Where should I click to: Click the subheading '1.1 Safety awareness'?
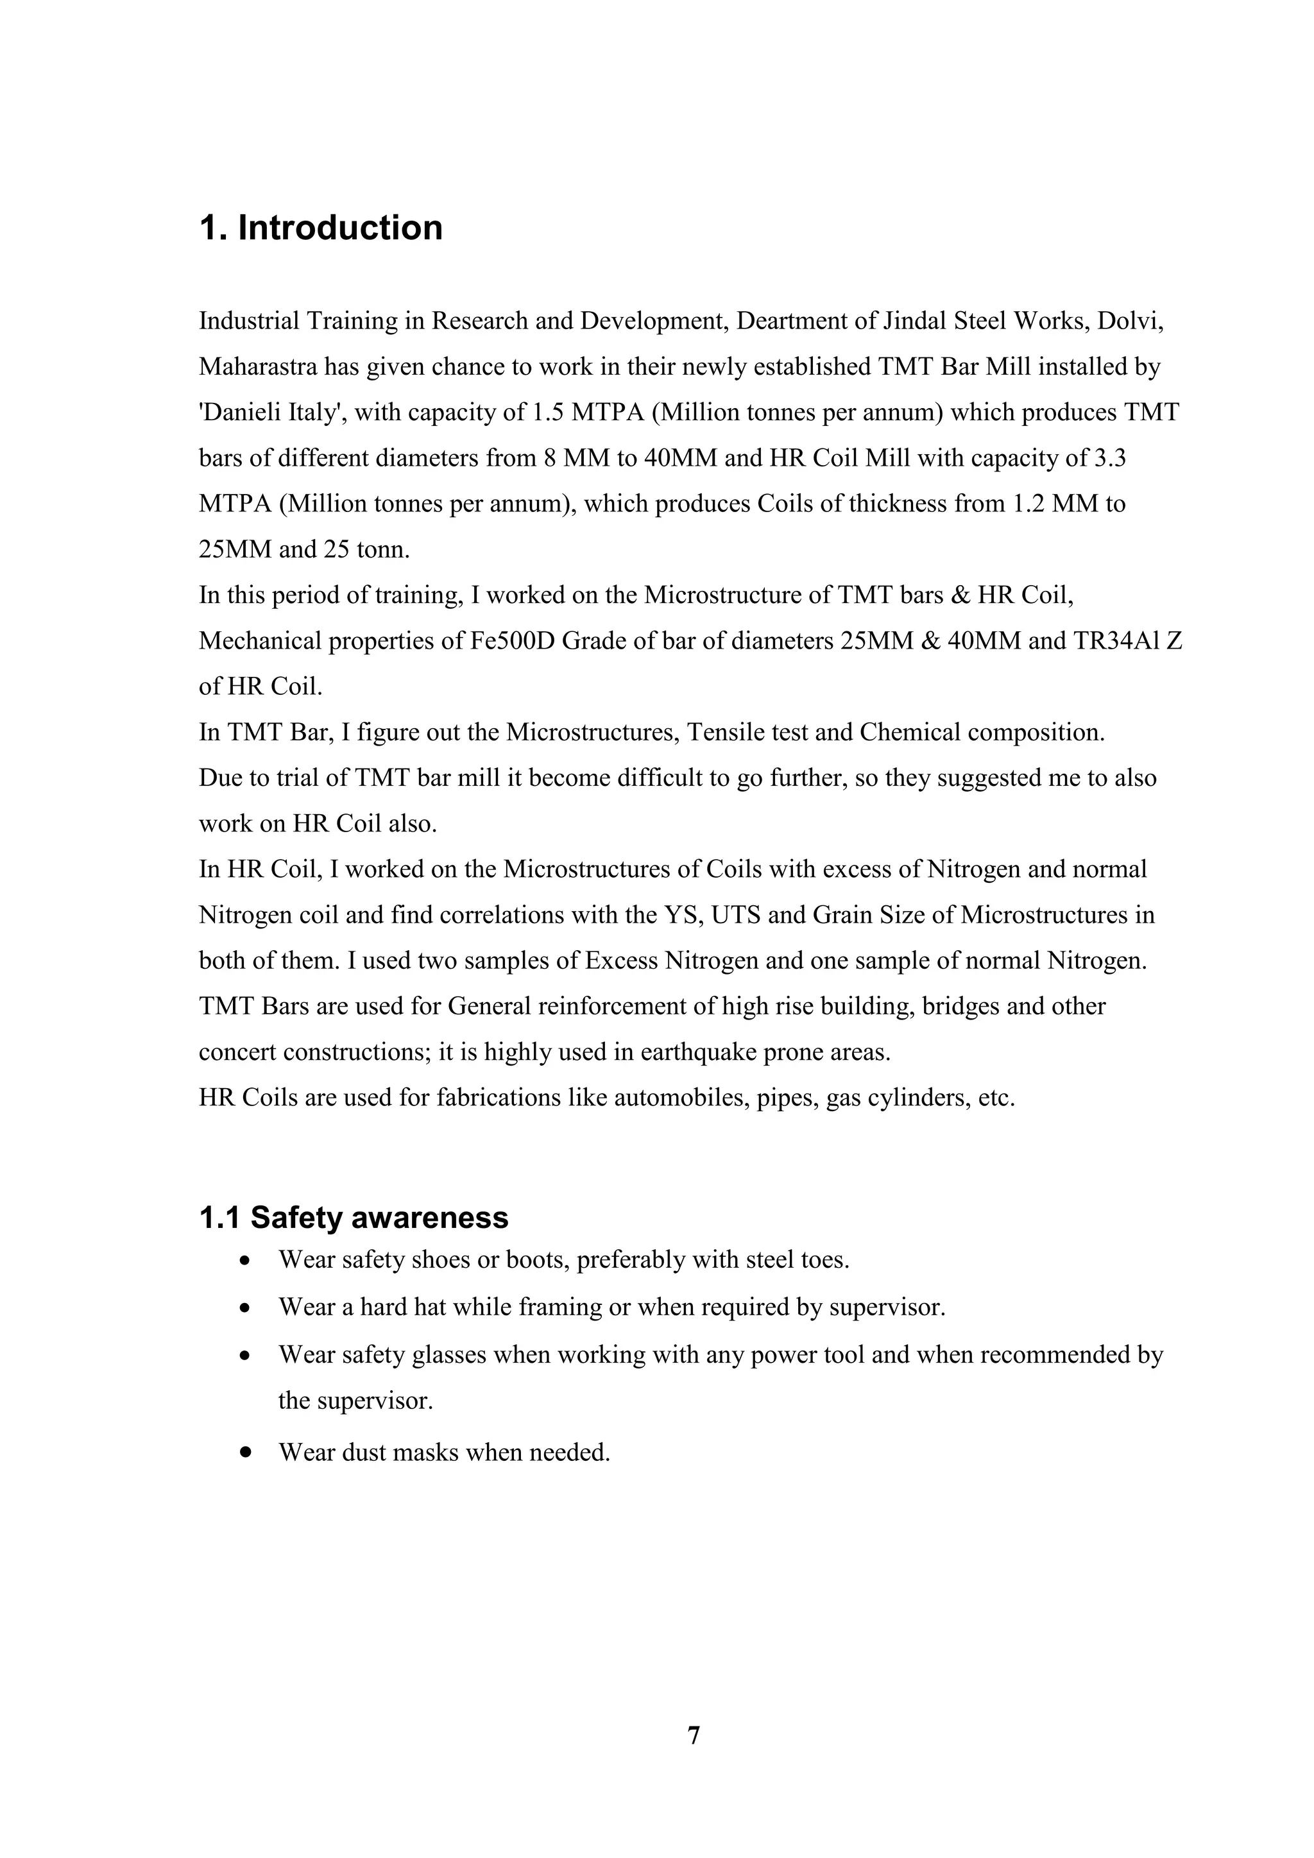point(354,1217)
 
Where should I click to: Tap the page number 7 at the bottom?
point(694,1735)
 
